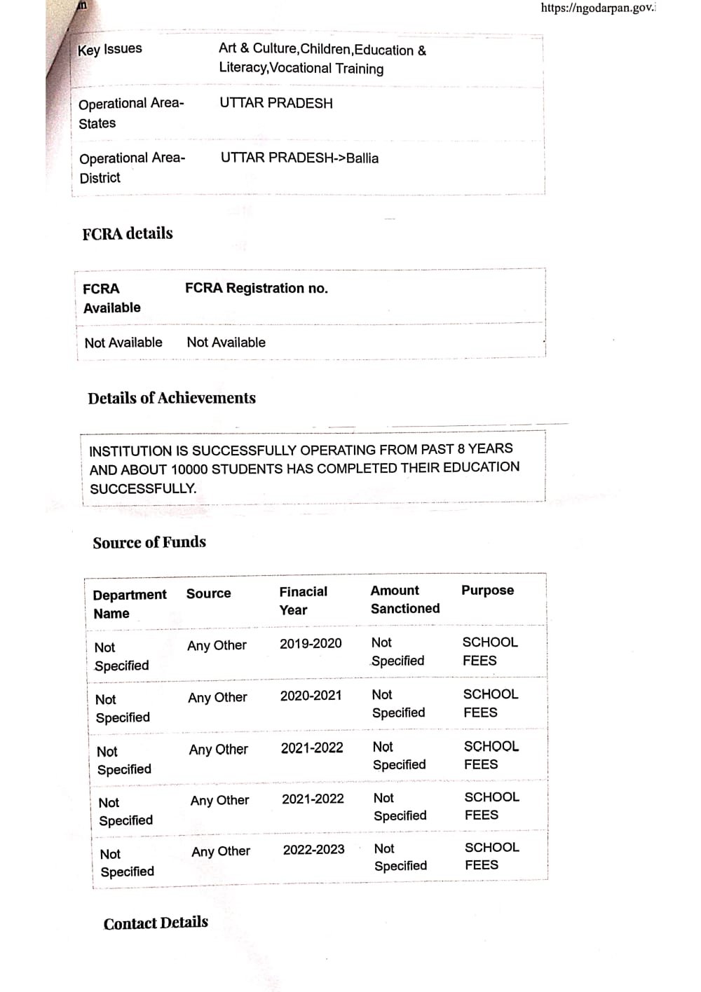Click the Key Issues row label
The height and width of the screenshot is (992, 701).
point(109,49)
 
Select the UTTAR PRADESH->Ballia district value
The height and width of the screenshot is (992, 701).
point(299,158)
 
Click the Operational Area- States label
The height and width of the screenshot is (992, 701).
point(131,113)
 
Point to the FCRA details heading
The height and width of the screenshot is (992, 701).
point(128,234)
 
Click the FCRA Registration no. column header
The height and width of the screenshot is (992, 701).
point(256,289)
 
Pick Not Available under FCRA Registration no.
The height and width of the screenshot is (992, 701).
point(226,343)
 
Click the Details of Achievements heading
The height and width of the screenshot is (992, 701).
point(172,399)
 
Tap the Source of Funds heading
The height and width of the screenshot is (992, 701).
point(149,542)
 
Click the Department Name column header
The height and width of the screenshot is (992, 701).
point(130,604)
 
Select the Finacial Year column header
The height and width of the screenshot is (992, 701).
point(303,600)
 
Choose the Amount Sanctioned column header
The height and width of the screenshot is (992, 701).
point(404,600)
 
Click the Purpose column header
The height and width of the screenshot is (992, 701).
point(487,591)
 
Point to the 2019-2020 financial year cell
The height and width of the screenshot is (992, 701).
point(311,644)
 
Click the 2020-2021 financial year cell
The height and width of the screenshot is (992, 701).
point(311,696)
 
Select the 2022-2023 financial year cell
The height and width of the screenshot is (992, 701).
point(313,850)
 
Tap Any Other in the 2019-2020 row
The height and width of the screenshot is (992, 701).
point(217,646)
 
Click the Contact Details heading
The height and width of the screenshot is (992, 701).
point(156,923)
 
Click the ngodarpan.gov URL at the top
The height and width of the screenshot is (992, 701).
point(598,8)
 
